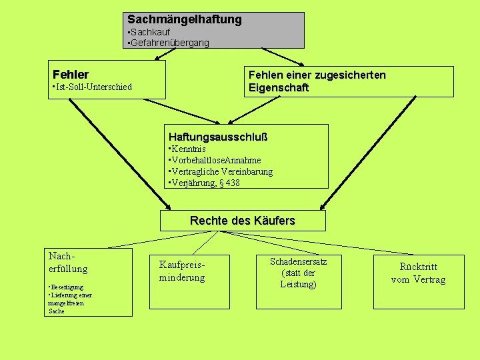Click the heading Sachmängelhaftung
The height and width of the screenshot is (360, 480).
coord(185,20)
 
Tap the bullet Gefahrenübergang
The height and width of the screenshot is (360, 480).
coord(169,43)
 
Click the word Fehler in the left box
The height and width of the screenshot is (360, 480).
coord(71,75)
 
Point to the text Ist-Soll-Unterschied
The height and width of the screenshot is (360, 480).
coord(93,87)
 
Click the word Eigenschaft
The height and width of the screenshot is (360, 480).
coord(279,88)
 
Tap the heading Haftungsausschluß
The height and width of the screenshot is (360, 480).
coord(218,137)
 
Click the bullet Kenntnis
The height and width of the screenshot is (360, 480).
coord(189,149)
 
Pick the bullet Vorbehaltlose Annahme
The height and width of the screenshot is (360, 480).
coord(217,160)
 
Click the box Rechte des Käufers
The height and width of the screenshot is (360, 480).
coord(243,221)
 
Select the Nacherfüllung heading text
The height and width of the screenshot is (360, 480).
coord(67,262)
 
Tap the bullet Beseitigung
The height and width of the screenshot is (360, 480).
coord(66,287)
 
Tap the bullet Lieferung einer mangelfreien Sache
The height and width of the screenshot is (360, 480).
coord(69,303)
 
